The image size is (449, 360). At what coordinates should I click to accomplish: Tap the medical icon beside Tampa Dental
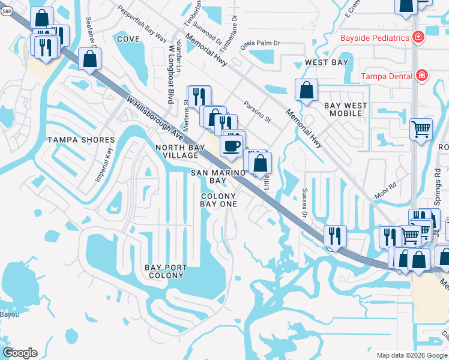[x=422, y=76]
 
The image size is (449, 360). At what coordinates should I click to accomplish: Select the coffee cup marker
[x=232, y=145]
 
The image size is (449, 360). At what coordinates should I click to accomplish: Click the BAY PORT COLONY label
[x=166, y=271]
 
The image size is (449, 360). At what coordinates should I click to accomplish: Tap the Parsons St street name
[x=258, y=112]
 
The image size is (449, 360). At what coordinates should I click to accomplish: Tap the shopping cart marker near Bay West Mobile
[x=421, y=128]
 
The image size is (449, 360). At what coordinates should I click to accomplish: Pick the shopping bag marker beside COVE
[x=89, y=59]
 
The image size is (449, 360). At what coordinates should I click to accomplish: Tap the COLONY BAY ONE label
[x=218, y=200]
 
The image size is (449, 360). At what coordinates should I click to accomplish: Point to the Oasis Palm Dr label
[x=260, y=44]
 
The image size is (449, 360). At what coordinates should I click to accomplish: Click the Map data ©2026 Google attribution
[x=411, y=355]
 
